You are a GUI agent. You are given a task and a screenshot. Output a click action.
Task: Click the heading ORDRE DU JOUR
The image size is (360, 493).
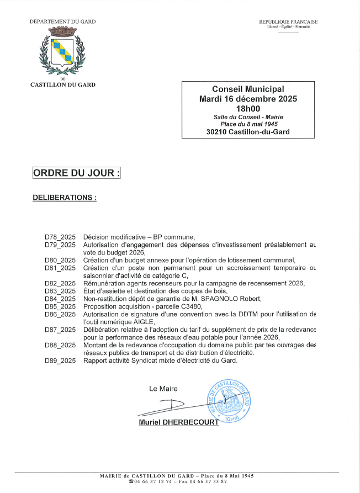[x=76, y=173]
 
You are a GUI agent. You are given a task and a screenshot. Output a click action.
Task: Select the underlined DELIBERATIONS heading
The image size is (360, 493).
[x=65, y=197]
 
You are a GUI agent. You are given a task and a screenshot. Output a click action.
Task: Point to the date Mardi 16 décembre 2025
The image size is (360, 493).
[x=248, y=99]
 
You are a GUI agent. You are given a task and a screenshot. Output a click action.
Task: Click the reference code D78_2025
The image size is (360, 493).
[x=60, y=236]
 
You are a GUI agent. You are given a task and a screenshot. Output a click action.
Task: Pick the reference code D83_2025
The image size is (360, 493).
[x=60, y=291]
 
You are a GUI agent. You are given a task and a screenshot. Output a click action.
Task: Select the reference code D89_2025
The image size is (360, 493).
[x=60, y=361]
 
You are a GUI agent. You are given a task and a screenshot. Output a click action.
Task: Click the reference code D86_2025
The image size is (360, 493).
[x=60, y=314]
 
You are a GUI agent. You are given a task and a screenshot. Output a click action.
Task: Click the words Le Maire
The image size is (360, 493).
[x=163, y=389]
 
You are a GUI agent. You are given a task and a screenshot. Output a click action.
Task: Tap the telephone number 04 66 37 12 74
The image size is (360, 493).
[x=153, y=481]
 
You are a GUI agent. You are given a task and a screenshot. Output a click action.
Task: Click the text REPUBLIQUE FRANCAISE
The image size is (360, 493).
[x=288, y=22]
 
